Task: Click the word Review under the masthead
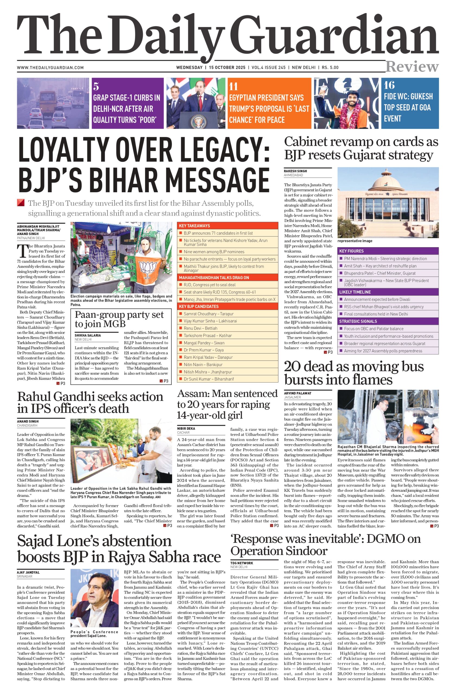click(x=412, y=67)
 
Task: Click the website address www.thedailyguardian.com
click(x=50, y=68)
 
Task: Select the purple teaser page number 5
click(x=96, y=86)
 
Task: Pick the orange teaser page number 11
click(x=233, y=86)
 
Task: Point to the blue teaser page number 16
click(x=389, y=85)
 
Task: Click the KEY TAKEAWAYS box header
click(x=194, y=226)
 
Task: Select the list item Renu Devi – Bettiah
click(x=200, y=328)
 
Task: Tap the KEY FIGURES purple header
click(x=351, y=251)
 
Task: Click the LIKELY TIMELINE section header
click(x=355, y=292)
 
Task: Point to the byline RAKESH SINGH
click(x=295, y=171)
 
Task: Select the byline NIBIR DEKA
click(x=186, y=428)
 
